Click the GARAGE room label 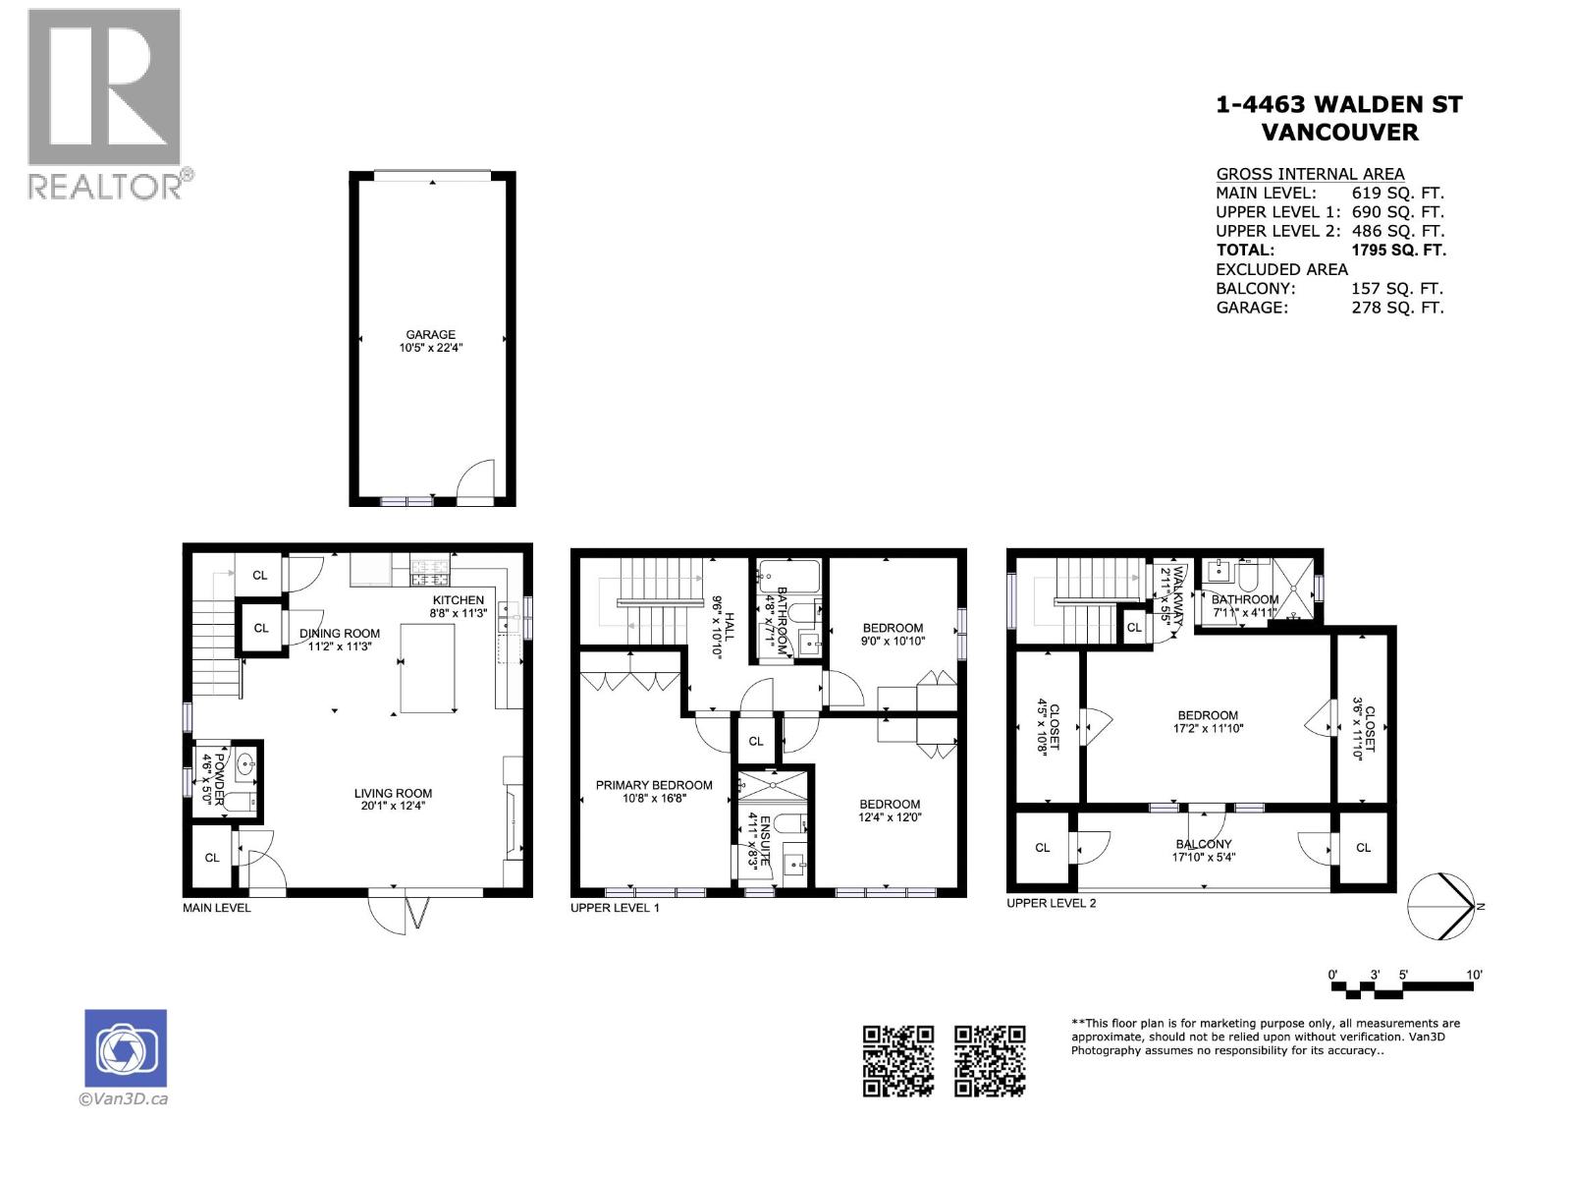pyautogui.click(x=430, y=334)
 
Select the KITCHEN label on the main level pyautogui.click(x=459, y=599)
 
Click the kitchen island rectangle pyautogui.click(x=427, y=669)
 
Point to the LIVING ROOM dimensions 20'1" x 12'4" pyautogui.click(x=393, y=806)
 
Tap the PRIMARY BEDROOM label pyautogui.click(x=654, y=785)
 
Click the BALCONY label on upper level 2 pyautogui.click(x=1204, y=844)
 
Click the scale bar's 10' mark pyautogui.click(x=1474, y=975)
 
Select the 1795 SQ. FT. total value pyautogui.click(x=1398, y=250)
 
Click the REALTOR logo pyautogui.click(x=106, y=103)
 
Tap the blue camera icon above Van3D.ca pyautogui.click(x=126, y=1048)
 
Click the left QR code pyautogui.click(x=897, y=1060)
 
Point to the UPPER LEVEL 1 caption pyautogui.click(x=615, y=908)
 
